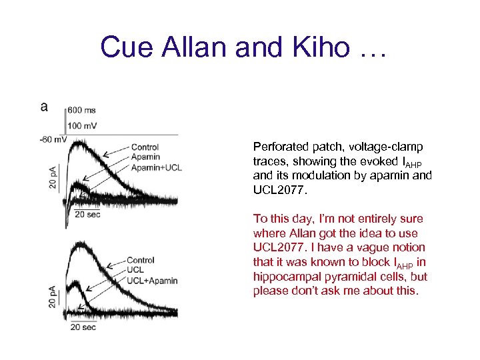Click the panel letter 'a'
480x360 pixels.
[44, 107]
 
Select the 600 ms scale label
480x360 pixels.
[82, 111]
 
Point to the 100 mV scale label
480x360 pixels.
[83, 125]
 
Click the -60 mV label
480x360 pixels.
[52, 139]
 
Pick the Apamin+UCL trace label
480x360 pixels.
[156, 167]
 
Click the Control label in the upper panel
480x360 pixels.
[145, 147]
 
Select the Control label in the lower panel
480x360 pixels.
[140, 261]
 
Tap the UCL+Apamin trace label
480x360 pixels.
[152, 281]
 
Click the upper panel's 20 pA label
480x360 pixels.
[53, 175]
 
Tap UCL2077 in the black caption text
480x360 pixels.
[277, 190]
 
